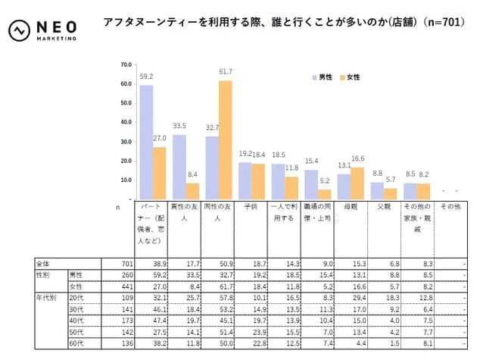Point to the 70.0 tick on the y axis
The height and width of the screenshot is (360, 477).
126,64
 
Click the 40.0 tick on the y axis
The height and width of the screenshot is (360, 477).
126,123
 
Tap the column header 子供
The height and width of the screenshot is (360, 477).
246,206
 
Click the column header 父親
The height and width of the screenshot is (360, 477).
383,206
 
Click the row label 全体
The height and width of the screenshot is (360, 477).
43,263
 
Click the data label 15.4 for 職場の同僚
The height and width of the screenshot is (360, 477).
311,161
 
